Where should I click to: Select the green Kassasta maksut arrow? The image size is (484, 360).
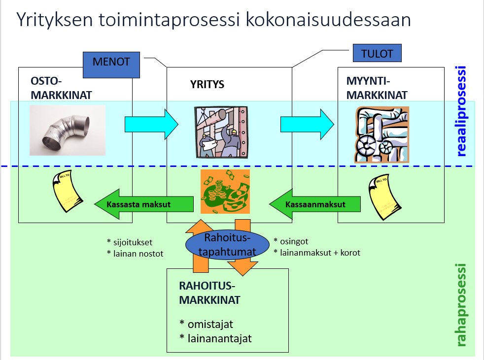pos(143,203)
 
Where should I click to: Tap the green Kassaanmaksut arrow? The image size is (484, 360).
pos(314,203)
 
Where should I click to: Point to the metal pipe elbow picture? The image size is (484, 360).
pos(68,130)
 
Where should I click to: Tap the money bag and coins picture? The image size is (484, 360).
pos(225,192)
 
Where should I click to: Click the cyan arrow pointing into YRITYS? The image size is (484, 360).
pos(151,124)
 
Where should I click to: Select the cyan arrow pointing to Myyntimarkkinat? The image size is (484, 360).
pos(307,124)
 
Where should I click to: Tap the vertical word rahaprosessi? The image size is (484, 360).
pos(461,305)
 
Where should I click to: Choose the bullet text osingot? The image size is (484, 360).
pos(294,241)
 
